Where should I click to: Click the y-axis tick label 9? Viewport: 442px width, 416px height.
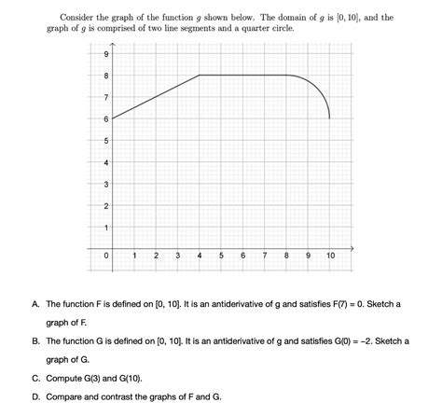tap(106, 54)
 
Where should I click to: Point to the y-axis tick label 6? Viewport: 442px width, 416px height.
tap(106, 118)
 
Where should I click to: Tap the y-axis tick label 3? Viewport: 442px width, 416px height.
tap(106, 183)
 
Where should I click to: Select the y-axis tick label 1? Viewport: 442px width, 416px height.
tap(106, 227)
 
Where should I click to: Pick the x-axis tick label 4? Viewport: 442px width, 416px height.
tap(200, 255)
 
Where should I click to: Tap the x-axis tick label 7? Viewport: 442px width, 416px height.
tap(265, 255)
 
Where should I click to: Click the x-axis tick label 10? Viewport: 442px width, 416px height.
tap(330, 255)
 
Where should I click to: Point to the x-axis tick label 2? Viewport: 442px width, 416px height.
tap(156, 255)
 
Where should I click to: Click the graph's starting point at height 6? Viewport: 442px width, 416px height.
tap(112, 118)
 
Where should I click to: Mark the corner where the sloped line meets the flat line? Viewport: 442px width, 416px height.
tap(200, 76)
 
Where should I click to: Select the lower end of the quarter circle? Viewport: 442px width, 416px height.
tap(330, 118)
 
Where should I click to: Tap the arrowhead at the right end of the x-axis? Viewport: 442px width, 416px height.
tap(352, 248)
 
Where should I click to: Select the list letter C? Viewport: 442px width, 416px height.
tap(35, 378)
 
